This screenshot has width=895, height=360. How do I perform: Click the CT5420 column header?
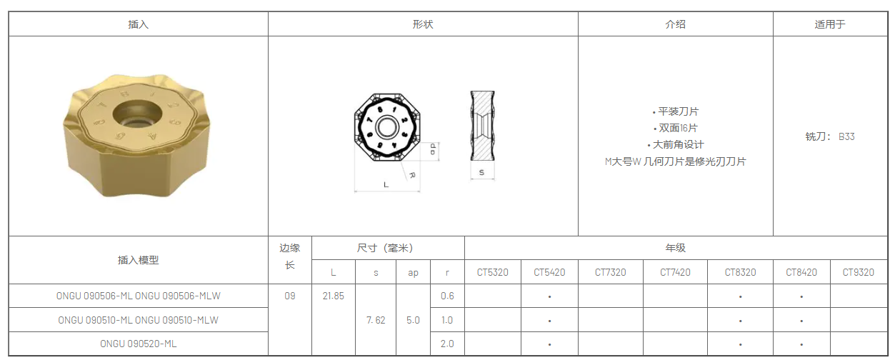pos(549,272)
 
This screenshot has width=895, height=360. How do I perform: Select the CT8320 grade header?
pos(741,272)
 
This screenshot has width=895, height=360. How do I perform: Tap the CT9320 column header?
pos(859,272)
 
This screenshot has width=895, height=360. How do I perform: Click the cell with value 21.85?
pos(334,296)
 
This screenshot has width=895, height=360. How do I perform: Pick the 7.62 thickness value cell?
pos(376,320)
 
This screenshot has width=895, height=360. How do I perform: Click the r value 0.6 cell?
pos(447,296)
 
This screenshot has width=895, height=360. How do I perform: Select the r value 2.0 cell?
pos(447,344)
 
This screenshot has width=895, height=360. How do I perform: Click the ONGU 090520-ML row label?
pos(139,344)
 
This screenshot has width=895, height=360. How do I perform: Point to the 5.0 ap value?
pos(413,320)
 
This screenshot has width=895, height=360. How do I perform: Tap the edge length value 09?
pos(290,296)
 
